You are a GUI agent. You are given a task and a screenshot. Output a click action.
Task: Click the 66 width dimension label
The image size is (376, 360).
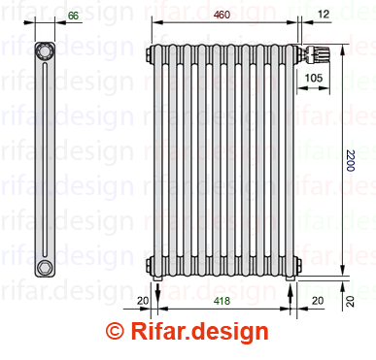point(74,16)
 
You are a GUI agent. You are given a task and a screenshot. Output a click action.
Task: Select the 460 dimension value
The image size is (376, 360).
point(222,15)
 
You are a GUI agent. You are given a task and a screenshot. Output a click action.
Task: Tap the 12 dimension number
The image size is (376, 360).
point(324,14)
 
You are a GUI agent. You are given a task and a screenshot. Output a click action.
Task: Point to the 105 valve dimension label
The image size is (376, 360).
point(314,78)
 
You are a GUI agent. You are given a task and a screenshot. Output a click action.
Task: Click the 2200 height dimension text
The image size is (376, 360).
point(351,160)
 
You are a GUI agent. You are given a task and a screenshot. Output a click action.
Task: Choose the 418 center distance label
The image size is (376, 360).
point(222,301)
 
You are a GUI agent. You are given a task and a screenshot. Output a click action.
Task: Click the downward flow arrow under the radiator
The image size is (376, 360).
point(157,292)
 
